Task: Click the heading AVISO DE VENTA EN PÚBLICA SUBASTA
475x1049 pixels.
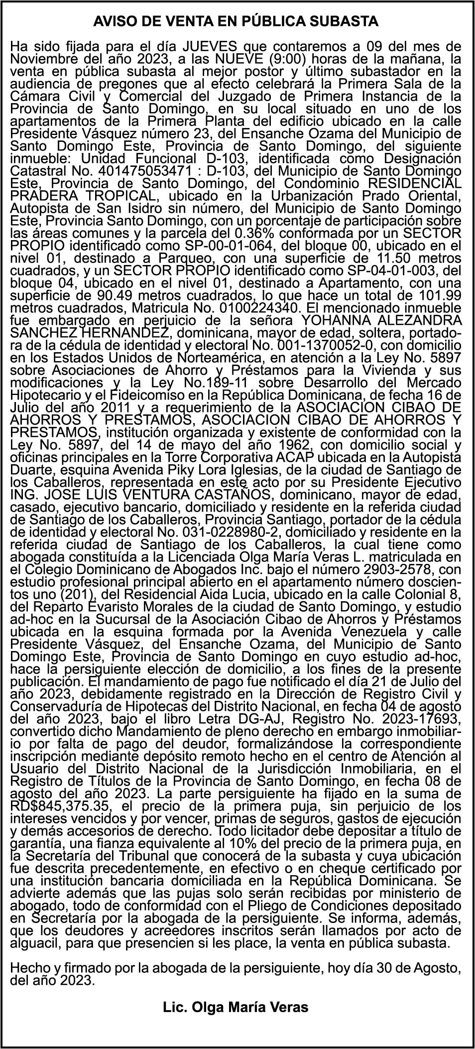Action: (x=236, y=22)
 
